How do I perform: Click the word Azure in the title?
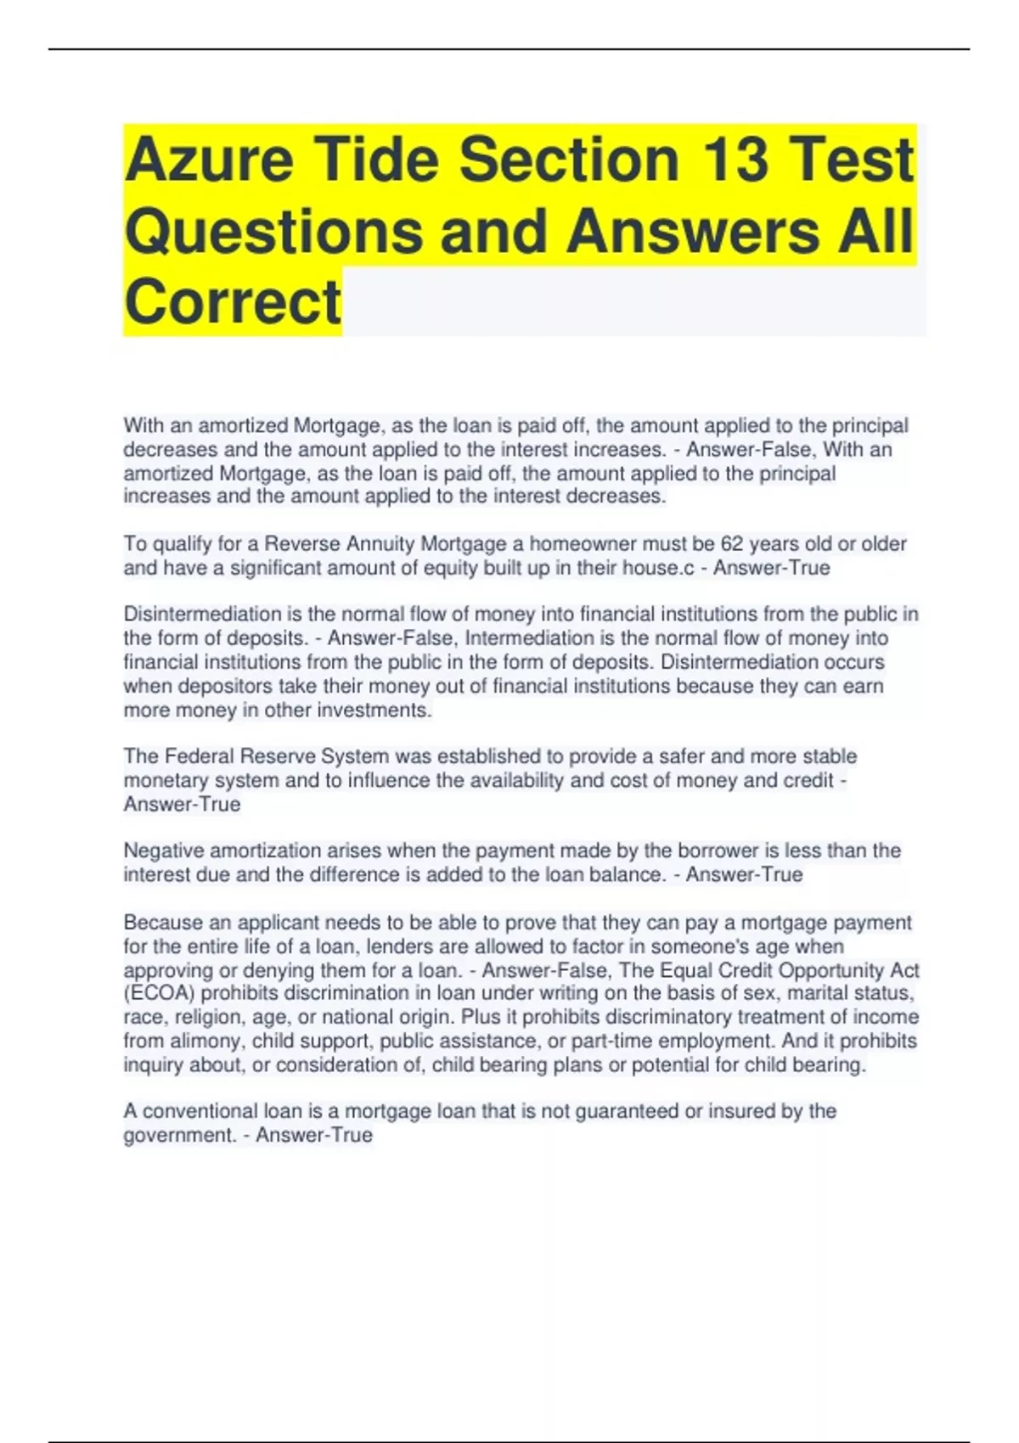pyautogui.click(x=209, y=160)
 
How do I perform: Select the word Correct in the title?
pyautogui.click(x=233, y=302)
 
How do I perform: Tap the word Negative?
pyautogui.click(x=164, y=851)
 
